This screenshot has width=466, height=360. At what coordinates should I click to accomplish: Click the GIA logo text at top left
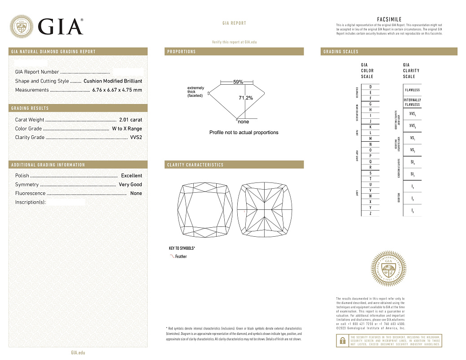[x=60, y=26]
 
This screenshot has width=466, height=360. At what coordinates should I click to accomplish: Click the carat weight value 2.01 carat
[x=131, y=120]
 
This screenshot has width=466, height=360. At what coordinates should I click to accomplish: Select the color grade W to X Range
[x=127, y=129]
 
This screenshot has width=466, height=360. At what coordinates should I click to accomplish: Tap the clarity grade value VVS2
[x=135, y=138]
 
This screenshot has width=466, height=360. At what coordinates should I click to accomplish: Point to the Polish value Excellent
[x=131, y=176]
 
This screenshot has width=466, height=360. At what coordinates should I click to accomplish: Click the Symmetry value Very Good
[x=130, y=185]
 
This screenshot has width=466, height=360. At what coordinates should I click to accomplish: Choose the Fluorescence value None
[x=136, y=193]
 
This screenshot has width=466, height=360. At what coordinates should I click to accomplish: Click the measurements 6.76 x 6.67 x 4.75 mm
[x=117, y=90]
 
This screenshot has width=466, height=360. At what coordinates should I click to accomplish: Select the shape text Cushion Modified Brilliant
[x=113, y=81]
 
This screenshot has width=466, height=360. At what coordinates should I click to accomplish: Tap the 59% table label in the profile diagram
[x=238, y=82]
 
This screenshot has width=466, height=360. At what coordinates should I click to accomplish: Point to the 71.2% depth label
[x=245, y=98]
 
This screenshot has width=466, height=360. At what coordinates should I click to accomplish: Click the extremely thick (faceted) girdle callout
[x=196, y=92]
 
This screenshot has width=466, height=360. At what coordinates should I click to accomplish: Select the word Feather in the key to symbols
[x=181, y=256]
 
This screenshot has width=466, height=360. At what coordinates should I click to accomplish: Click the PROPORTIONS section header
[x=182, y=52]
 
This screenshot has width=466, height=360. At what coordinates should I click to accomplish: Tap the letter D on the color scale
[x=370, y=87]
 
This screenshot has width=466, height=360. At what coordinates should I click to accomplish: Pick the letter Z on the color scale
[x=370, y=214]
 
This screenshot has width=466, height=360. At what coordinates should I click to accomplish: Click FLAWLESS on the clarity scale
[x=412, y=90]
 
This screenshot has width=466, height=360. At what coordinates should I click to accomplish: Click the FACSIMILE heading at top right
[x=389, y=19]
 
